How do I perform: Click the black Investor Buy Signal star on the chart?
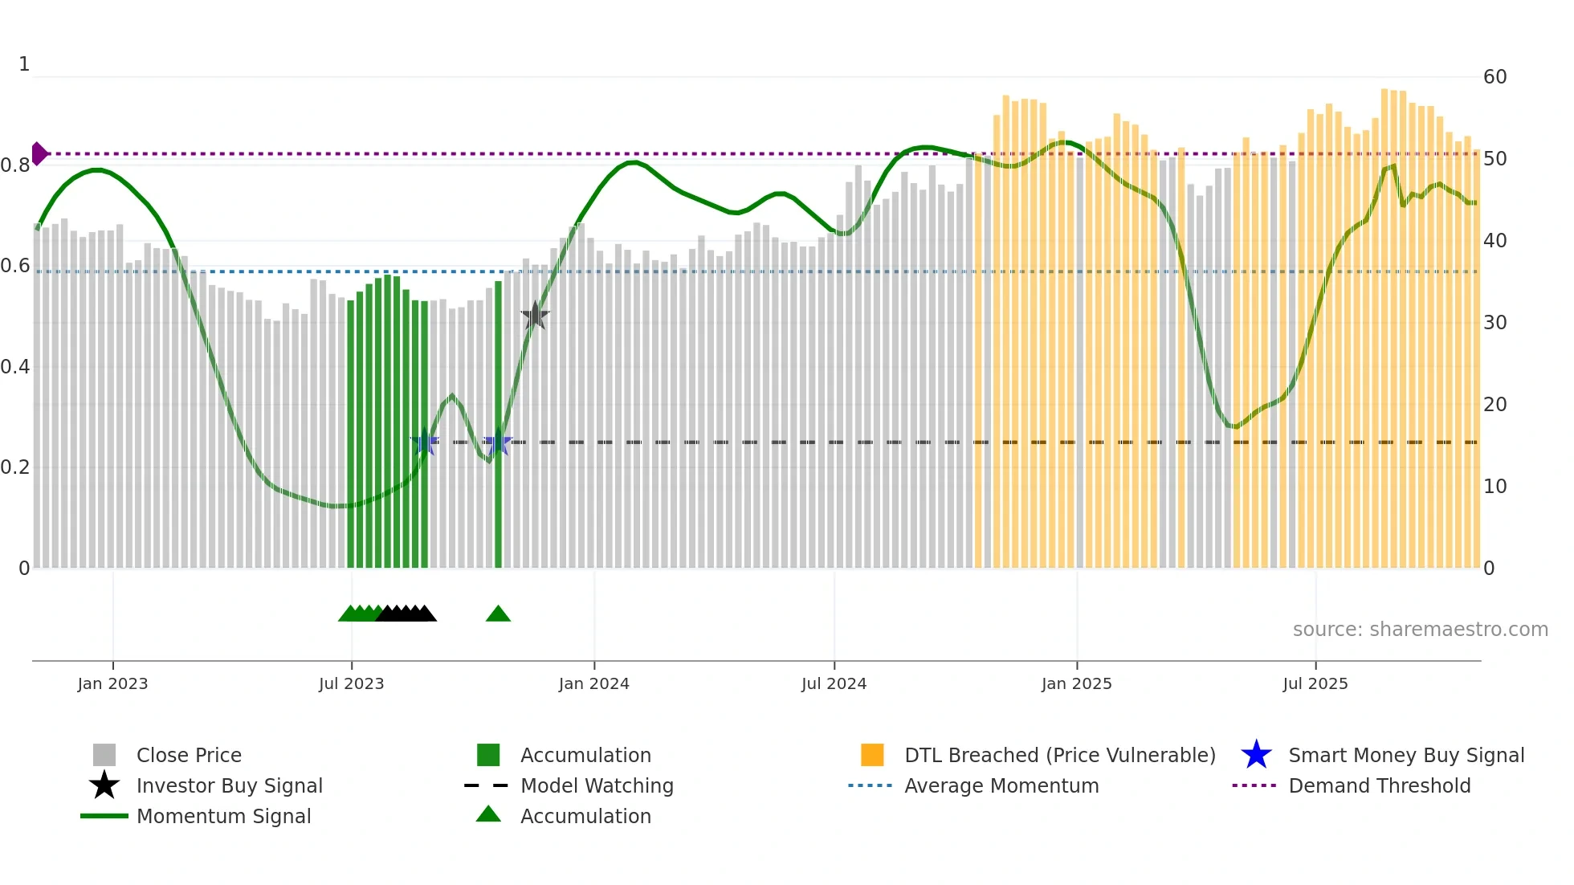point(535,316)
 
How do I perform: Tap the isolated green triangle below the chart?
point(498,614)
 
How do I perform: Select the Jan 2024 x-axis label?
point(593,683)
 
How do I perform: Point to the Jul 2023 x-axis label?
point(351,683)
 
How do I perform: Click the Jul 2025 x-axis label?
point(1315,683)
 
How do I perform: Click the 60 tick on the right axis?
point(1494,77)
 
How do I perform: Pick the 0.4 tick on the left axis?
point(15,367)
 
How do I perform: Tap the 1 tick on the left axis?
point(24,64)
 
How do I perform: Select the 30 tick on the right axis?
point(1494,323)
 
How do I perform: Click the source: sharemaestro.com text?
point(1420,630)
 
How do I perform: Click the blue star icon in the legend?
point(1256,755)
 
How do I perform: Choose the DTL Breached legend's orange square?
point(872,755)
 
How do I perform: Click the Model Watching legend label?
point(597,785)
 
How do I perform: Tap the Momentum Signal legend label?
point(223,816)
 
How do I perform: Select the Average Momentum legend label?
point(1001,785)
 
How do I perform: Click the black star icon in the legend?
point(104,785)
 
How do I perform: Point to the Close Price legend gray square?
point(104,755)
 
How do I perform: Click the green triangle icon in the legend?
point(488,814)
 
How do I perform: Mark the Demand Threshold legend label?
point(1379,785)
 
